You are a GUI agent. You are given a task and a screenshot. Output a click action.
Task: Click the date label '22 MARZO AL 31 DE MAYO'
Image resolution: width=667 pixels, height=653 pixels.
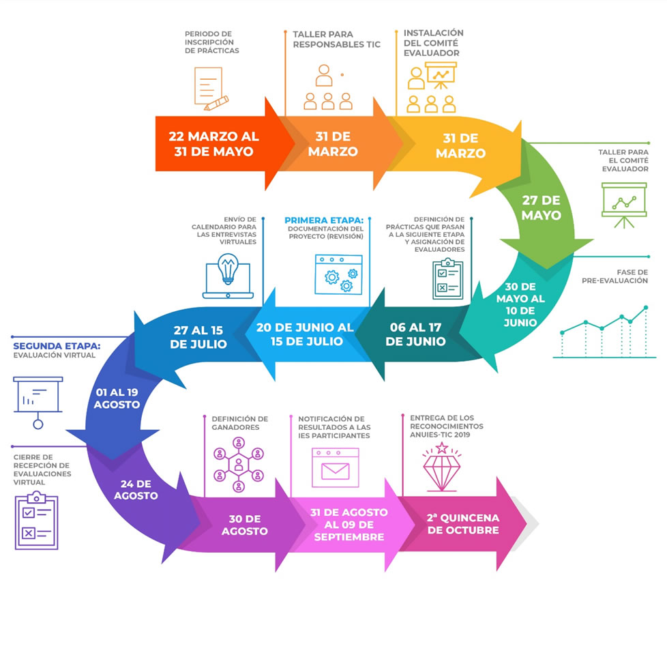(x=213, y=144)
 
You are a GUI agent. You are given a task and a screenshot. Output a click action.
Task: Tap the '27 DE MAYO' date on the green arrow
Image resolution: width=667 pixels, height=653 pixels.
(x=541, y=207)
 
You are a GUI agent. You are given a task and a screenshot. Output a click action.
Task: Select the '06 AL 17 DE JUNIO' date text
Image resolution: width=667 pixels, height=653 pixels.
(x=415, y=334)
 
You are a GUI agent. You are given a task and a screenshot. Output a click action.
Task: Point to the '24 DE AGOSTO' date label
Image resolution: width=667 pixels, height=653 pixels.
(x=136, y=489)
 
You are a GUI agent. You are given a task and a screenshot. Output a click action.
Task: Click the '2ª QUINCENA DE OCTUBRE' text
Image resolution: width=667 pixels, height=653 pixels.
(x=463, y=524)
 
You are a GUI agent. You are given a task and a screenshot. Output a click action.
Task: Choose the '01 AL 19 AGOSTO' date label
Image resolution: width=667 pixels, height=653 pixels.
(x=117, y=398)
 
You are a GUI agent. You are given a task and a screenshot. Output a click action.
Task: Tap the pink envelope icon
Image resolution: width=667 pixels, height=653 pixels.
(x=335, y=467)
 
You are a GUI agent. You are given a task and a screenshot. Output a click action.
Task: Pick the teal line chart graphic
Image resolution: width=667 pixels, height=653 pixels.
(x=604, y=332)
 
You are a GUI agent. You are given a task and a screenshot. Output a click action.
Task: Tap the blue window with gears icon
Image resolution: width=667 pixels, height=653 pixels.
(x=338, y=274)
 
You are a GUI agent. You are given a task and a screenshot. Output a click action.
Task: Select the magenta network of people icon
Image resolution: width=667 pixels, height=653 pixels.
(x=239, y=465)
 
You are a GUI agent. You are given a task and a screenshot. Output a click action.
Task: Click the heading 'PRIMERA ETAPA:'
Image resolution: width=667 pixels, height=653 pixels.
(x=324, y=220)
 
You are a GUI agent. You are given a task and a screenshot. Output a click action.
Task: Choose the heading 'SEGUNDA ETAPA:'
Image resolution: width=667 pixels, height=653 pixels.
(x=57, y=346)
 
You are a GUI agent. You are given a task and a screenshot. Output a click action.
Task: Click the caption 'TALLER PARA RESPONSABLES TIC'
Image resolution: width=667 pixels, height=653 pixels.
(x=336, y=39)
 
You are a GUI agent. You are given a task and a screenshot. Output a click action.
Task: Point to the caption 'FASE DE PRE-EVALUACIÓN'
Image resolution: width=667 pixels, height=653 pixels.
(x=615, y=276)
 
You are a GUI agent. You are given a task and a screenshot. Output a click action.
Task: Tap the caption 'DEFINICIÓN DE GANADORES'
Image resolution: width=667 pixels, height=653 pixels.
(x=240, y=423)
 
